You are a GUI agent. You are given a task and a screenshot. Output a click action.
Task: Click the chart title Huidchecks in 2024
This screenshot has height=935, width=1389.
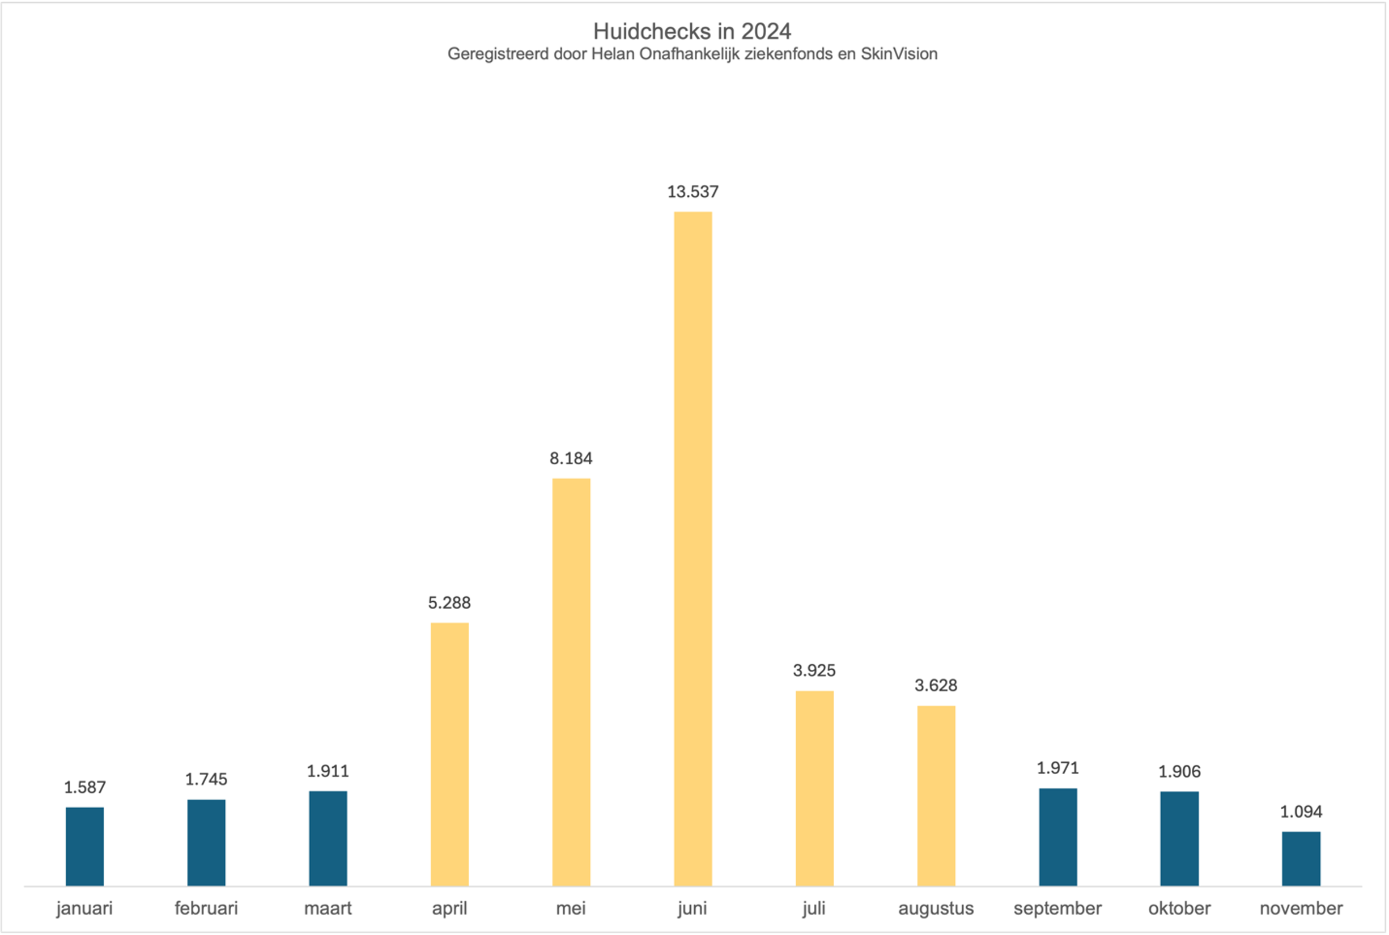click(692, 31)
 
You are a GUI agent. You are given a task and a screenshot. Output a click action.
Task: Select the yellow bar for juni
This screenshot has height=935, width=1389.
click(693, 549)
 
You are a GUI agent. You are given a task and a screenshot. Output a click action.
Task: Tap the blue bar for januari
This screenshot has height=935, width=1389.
click(84, 846)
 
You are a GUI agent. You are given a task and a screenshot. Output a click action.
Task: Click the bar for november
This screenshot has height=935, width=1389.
click(1301, 858)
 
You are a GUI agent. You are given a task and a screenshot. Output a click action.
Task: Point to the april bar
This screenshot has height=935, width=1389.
click(449, 754)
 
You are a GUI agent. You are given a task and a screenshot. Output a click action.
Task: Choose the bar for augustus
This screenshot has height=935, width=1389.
click(936, 796)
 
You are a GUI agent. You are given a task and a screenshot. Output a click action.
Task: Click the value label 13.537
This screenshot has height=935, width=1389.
click(693, 192)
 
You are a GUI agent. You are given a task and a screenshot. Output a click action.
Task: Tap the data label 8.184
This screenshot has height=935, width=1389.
click(571, 458)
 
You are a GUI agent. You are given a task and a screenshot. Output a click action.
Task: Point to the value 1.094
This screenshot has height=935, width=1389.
click(1301, 811)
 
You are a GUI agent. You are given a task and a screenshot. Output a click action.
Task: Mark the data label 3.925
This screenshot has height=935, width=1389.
click(814, 670)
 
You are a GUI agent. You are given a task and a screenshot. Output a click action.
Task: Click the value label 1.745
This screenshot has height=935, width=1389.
click(206, 779)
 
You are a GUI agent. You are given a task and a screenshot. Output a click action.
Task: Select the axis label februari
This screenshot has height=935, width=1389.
click(206, 908)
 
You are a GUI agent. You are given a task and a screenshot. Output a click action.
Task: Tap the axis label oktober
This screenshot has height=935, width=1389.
click(1179, 908)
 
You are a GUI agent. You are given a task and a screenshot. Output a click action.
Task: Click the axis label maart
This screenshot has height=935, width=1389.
click(328, 908)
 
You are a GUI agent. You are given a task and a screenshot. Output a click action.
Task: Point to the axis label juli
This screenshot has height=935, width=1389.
click(814, 908)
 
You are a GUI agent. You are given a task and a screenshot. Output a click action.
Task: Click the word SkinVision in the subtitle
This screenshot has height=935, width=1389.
click(899, 54)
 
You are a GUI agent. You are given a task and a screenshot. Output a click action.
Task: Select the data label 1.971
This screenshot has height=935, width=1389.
click(1057, 767)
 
